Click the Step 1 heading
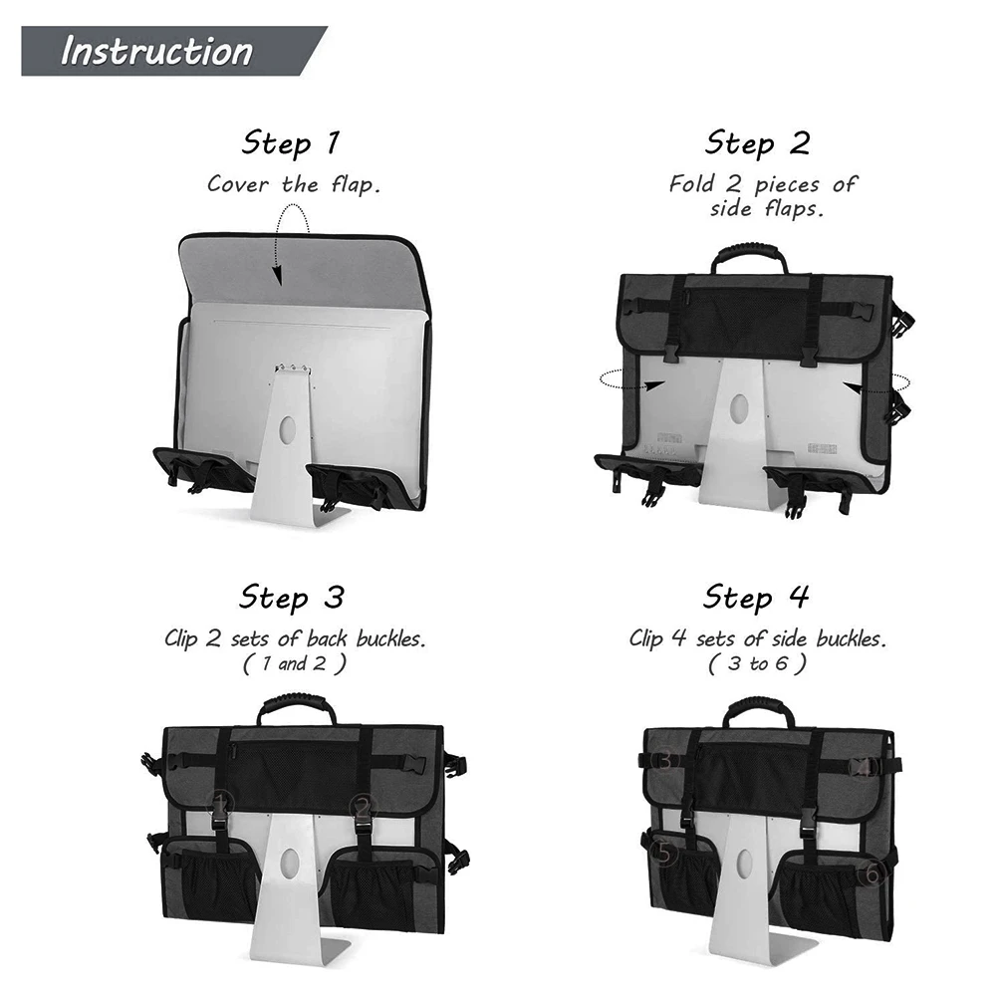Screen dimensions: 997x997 click(290, 143)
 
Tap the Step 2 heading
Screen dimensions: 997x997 click(757, 143)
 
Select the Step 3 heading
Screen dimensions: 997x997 click(291, 598)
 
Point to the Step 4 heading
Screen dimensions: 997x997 click(756, 598)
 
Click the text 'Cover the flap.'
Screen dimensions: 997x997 click(293, 184)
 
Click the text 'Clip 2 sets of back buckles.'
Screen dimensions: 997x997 click(294, 638)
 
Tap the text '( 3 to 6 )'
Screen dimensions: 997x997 click(757, 663)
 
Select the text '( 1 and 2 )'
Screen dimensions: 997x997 click(294, 663)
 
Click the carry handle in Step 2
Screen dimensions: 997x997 click(749, 256)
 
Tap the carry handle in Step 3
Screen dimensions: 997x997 click(296, 709)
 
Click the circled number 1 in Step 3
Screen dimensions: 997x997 click(221, 801)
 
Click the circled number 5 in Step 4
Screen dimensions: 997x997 click(662, 853)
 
